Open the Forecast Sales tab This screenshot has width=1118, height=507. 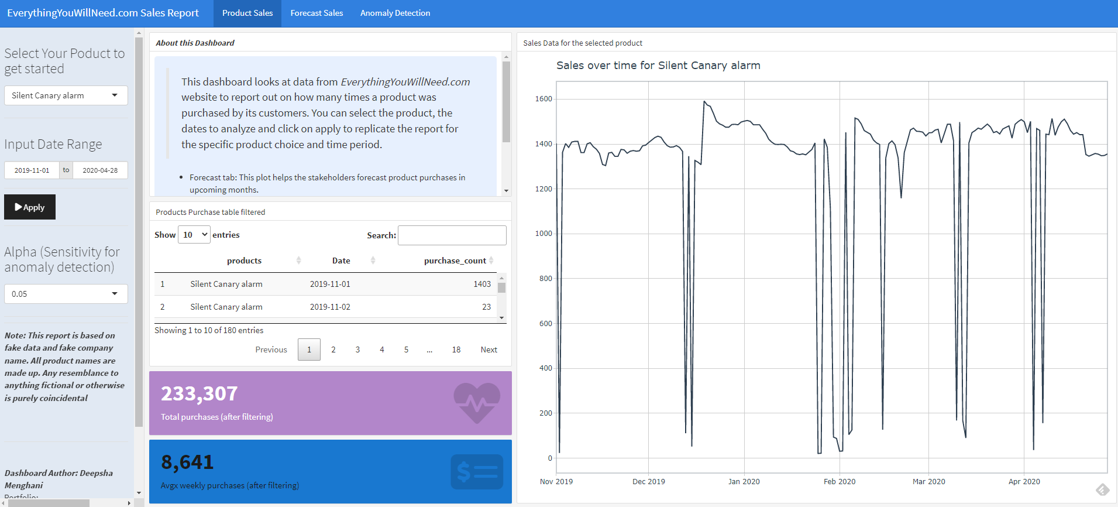click(317, 13)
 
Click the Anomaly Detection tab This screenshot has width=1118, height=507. click(395, 13)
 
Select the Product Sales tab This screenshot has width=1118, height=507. click(247, 13)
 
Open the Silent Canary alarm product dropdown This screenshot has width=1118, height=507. click(66, 95)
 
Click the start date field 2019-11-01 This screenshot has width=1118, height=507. click(32, 170)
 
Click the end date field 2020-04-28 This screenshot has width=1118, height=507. click(100, 170)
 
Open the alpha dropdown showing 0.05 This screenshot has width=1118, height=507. click(66, 294)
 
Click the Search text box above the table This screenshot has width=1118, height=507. click(452, 235)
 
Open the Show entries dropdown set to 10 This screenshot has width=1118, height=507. click(194, 235)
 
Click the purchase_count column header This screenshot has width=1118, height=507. click(455, 261)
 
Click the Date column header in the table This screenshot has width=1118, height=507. click(341, 261)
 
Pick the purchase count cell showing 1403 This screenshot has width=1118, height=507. click(481, 284)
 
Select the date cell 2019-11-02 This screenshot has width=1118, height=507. click(330, 307)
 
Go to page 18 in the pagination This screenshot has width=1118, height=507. click(456, 350)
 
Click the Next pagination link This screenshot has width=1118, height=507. click(489, 350)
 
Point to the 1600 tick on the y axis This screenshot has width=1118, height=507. click(543, 99)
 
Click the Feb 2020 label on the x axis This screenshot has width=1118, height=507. click(839, 481)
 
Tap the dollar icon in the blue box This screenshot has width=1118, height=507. click(477, 471)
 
